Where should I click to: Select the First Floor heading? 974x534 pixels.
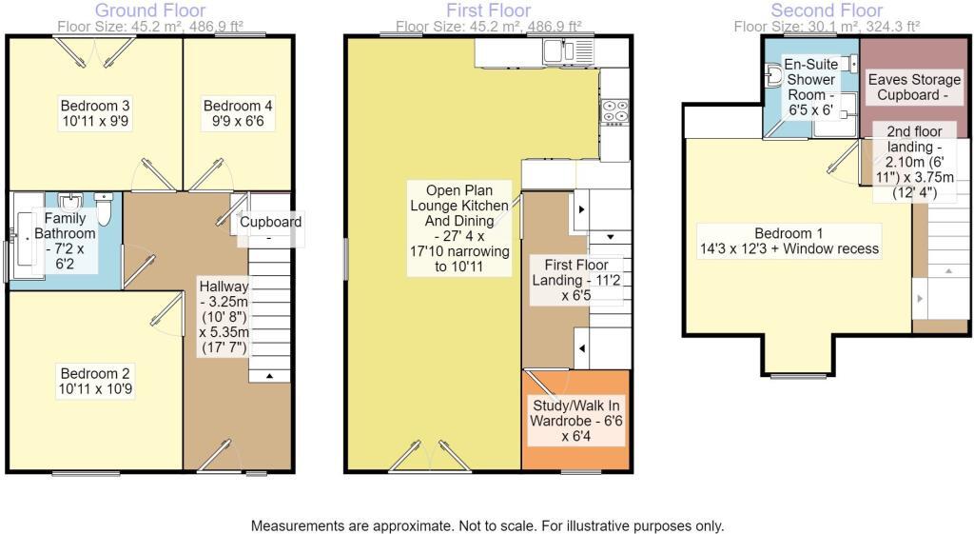click(x=489, y=10)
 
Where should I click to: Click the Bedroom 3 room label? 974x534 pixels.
click(x=94, y=113)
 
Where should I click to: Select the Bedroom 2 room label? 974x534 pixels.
click(x=93, y=381)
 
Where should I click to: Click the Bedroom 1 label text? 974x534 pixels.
click(x=788, y=241)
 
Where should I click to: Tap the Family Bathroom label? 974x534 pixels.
click(x=65, y=242)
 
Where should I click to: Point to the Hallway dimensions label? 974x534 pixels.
click(x=224, y=316)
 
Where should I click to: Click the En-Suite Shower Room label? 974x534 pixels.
click(x=810, y=87)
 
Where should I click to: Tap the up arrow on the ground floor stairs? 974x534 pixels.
click(x=269, y=376)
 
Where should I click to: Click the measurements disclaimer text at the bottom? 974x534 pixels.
click(x=487, y=525)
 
